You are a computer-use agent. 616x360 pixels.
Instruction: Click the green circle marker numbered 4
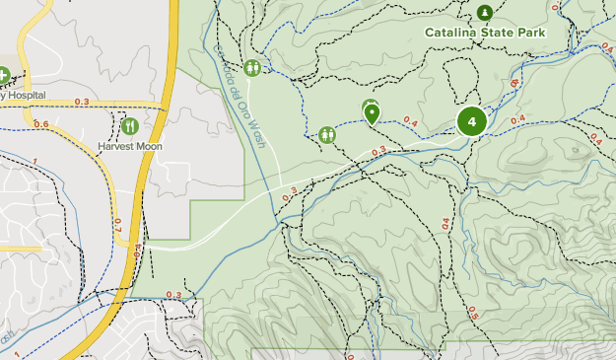pos(472,121)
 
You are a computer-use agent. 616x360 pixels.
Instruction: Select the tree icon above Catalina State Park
pos(485,13)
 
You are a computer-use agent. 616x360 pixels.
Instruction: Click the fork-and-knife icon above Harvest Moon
pos(130,126)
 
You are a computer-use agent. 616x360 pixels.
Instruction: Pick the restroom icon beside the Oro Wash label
pos(253,67)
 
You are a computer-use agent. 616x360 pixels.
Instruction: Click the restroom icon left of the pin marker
pos(327,133)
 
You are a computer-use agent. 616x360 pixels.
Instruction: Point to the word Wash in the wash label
pos(257,134)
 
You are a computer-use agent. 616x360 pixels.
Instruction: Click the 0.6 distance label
pos(40,124)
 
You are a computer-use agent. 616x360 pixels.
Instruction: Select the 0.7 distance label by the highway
pos(116,225)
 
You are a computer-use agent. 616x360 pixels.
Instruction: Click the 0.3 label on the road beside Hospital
pos(82,103)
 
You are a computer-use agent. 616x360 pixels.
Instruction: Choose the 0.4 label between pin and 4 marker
pos(410,122)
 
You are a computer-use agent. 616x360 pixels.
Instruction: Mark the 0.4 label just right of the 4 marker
pos(517,119)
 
